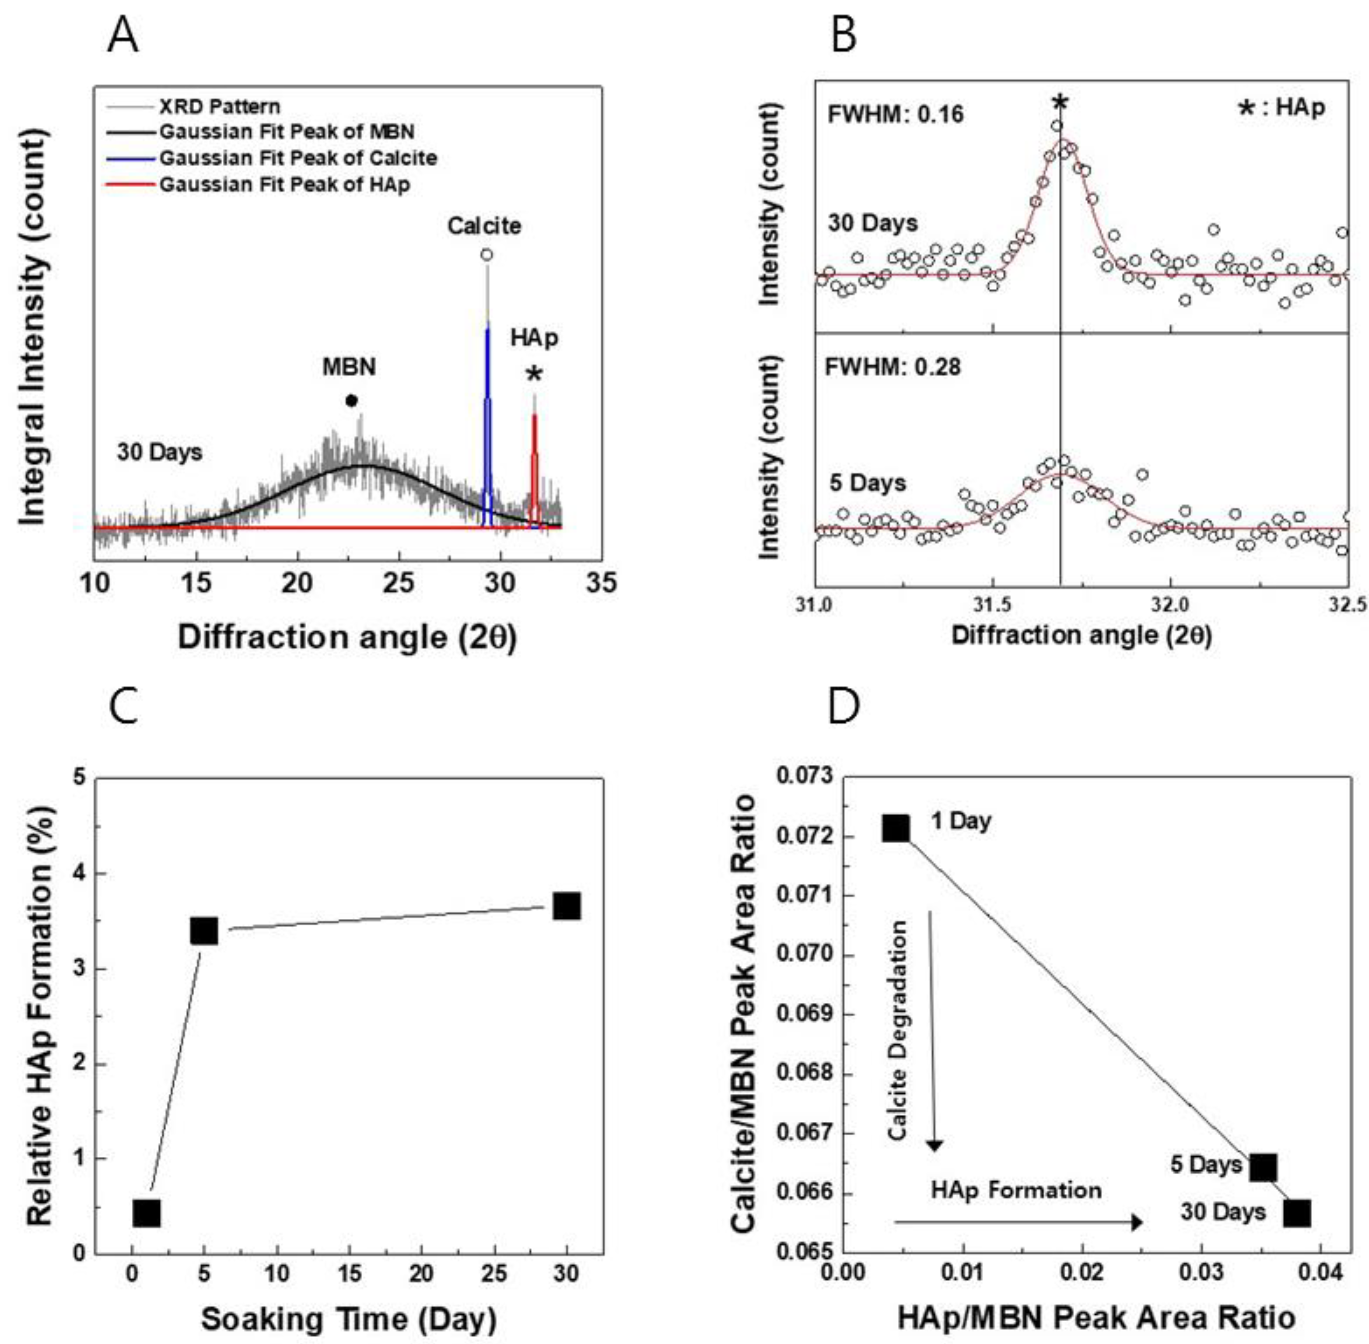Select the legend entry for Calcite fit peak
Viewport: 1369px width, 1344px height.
tap(297, 157)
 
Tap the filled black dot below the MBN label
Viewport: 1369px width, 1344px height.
tap(351, 401)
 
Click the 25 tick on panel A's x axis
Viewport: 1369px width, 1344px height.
tap(399, 584)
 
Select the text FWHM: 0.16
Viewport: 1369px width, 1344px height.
tap(895, 114)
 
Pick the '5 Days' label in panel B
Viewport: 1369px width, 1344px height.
tap(868, 483)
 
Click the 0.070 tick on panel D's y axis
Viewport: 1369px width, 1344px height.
tap(805, 954)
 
